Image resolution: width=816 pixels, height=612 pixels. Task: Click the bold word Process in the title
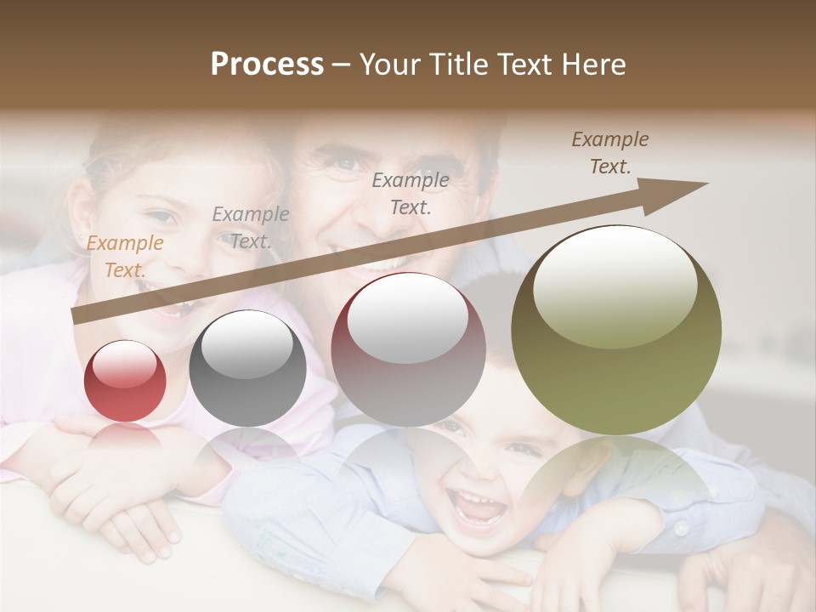point(267,65)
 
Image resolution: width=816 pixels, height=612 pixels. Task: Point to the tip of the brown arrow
point(706,184)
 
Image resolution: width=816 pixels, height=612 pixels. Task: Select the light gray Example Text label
point(250,228)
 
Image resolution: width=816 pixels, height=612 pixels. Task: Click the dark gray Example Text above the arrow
point(411,193)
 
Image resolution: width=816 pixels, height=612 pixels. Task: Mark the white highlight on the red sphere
point(125,364)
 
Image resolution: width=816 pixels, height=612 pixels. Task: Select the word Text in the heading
point(521,65)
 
